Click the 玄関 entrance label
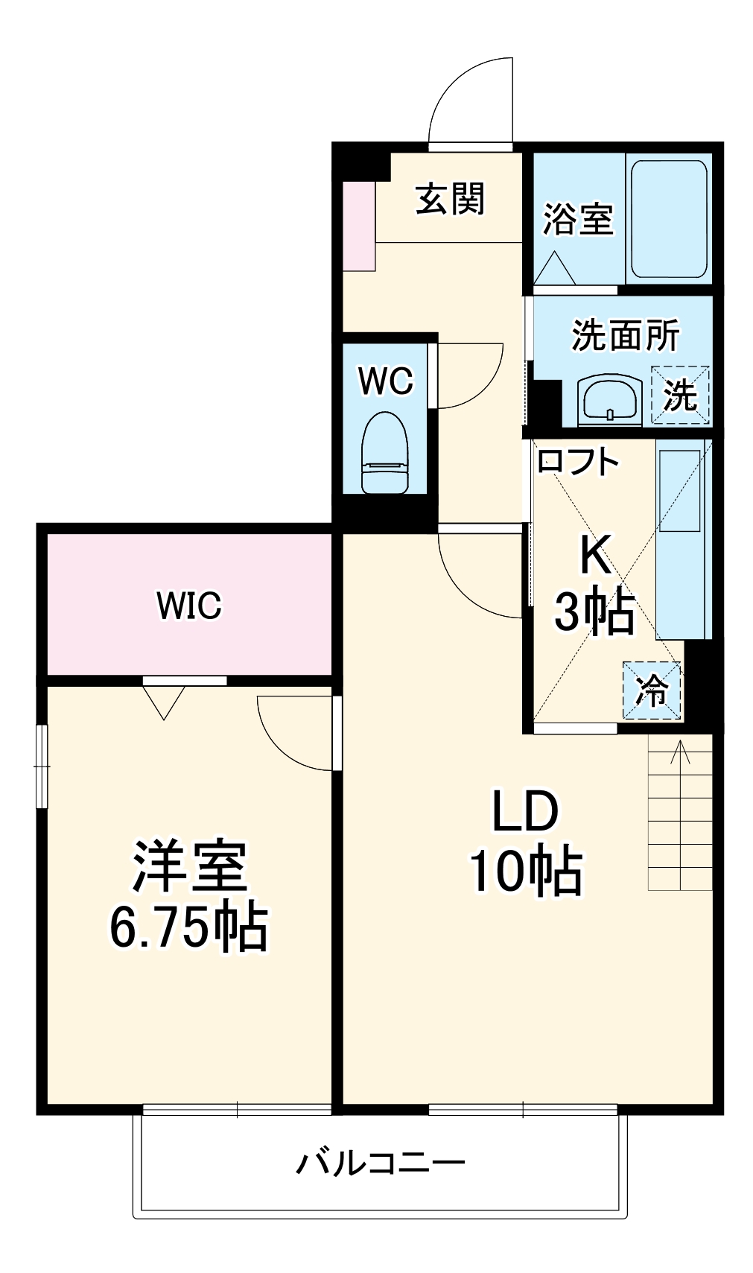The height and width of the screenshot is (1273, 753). [x=450, y=200]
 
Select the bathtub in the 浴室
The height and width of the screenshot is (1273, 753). [x=668, y=219]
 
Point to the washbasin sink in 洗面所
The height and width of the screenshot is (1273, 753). [x=610, y=400]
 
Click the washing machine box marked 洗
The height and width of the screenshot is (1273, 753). [x=680, y=395]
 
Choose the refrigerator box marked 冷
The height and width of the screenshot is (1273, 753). [x=652, y=691]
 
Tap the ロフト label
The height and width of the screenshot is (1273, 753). [x=578, y=462]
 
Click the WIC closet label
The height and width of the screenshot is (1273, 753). [x=188, y=605]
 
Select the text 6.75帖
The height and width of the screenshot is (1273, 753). [x=188, y=926]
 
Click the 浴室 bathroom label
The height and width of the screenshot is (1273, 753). [x=578, y=219]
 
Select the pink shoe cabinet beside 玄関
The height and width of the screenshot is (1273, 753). [x=359, y=226]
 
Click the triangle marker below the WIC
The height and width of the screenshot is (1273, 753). [x=163, y=702]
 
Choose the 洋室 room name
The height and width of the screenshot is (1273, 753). [x=189, y=866]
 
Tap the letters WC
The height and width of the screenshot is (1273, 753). [x=385, y=381]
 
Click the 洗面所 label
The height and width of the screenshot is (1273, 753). [x=626, y=335]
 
